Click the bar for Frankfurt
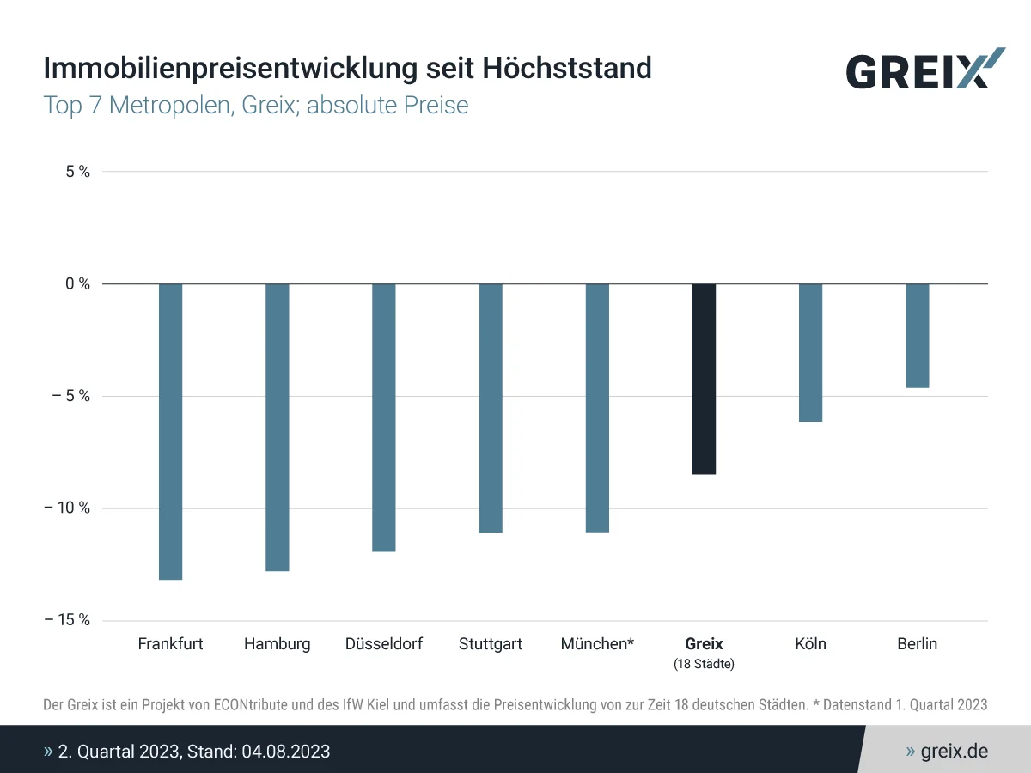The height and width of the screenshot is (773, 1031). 170,431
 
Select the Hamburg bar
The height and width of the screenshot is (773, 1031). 277,427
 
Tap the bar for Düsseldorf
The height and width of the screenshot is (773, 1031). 383,417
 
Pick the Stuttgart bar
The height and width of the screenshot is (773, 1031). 490,408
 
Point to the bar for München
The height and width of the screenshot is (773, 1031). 597,408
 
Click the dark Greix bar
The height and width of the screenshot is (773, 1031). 704,379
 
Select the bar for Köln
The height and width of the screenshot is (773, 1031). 810,352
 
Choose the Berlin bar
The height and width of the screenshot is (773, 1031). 917,336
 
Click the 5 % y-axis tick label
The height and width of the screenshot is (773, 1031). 76,171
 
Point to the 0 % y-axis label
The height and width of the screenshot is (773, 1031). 76,283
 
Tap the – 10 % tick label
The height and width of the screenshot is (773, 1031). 68,508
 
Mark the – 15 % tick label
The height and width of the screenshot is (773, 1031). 68,620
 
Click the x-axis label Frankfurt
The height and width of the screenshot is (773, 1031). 170,643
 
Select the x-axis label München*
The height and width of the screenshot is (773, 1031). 597,643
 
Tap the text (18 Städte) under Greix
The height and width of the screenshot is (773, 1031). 704,664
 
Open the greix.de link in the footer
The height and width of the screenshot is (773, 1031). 954,751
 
